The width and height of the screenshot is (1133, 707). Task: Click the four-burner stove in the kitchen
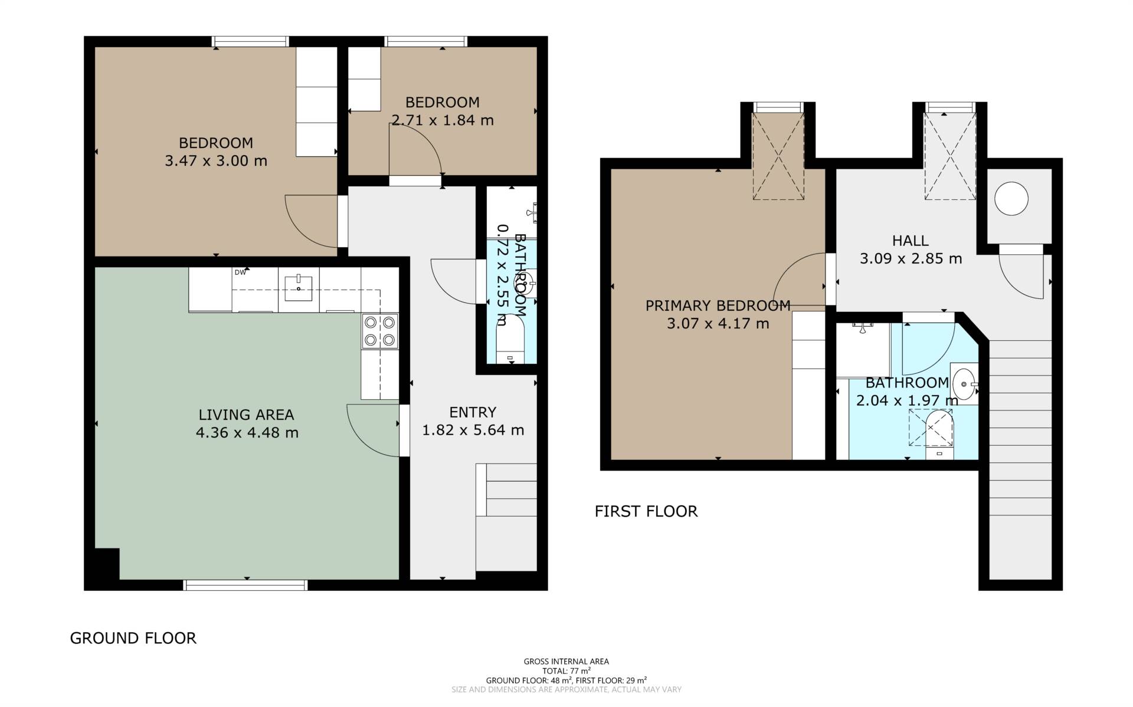click(380, 331)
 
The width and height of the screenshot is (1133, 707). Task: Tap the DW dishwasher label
click(240, 272)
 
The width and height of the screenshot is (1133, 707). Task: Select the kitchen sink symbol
click(299, 288)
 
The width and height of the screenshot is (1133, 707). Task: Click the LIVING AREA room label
click(246, 415)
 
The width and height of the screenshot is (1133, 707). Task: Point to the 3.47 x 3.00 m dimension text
click(216, 160)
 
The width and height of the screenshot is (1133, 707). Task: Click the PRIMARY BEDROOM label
click(718, 305)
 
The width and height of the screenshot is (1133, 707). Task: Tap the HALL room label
click(910, 241)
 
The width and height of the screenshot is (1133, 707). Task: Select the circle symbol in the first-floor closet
click(1011, 198)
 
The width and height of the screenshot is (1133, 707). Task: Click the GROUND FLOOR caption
click(133, 638)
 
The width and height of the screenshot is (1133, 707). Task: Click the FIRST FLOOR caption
click(646, 511)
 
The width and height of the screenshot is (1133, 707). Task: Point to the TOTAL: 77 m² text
click(566, 671)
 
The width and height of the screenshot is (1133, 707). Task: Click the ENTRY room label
click(473, 412)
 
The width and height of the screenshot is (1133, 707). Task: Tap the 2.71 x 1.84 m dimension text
click(443, 120)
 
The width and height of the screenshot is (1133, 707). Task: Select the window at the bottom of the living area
click(245, 584)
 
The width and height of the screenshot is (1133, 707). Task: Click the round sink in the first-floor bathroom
click(963, 383)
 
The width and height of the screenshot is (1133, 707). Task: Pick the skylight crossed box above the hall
click(950, 156)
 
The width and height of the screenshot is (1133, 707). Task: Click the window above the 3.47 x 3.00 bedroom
click(250, 41)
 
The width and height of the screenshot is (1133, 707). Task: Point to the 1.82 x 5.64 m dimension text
click(473, 430)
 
